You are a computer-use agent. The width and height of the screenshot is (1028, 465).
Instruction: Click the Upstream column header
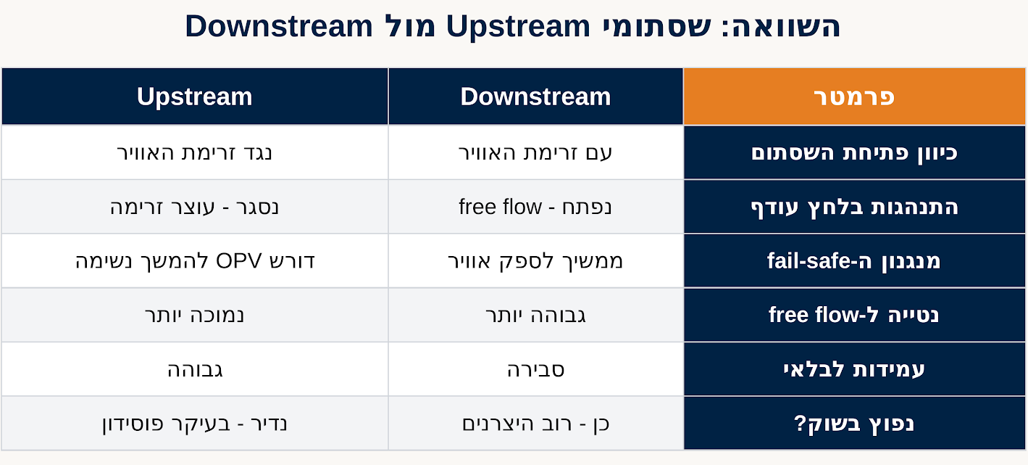pos(195,96)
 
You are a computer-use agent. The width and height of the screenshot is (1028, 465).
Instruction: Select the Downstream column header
pos(535,96)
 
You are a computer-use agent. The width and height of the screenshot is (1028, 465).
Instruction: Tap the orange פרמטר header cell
pos(854,96)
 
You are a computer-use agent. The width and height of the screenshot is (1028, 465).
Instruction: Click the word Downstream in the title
pos(279,25)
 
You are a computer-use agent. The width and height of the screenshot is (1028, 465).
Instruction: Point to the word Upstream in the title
pos(518,27)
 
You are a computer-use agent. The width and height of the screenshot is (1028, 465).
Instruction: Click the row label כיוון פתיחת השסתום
pos(854,153)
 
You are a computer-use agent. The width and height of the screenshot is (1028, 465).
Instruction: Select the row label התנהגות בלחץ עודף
pos(854,207)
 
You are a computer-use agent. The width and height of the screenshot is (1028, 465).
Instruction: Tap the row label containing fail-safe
pos(854,261)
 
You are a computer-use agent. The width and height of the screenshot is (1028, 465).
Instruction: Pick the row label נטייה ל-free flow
pos(854,316)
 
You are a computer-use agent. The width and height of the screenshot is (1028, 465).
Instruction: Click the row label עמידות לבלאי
pos(854,369)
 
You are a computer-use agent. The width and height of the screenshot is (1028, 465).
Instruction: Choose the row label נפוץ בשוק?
pos(854,423)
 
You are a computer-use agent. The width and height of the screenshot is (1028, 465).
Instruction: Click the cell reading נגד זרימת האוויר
pos(195,152)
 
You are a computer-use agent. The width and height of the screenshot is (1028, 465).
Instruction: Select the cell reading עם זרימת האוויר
pos(535,152)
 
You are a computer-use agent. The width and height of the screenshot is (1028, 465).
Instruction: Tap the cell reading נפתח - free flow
pos(535,207)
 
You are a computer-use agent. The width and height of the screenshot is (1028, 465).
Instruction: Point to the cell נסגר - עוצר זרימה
pos(195,207)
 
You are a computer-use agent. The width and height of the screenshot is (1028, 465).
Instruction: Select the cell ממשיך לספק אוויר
pos(535,261)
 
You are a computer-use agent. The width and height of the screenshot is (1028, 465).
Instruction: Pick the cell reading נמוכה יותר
pos(195,316)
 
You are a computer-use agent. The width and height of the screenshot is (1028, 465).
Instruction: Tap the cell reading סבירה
pos(535,369)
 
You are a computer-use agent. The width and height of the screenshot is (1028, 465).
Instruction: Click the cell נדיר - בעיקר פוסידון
pos(195,423)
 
